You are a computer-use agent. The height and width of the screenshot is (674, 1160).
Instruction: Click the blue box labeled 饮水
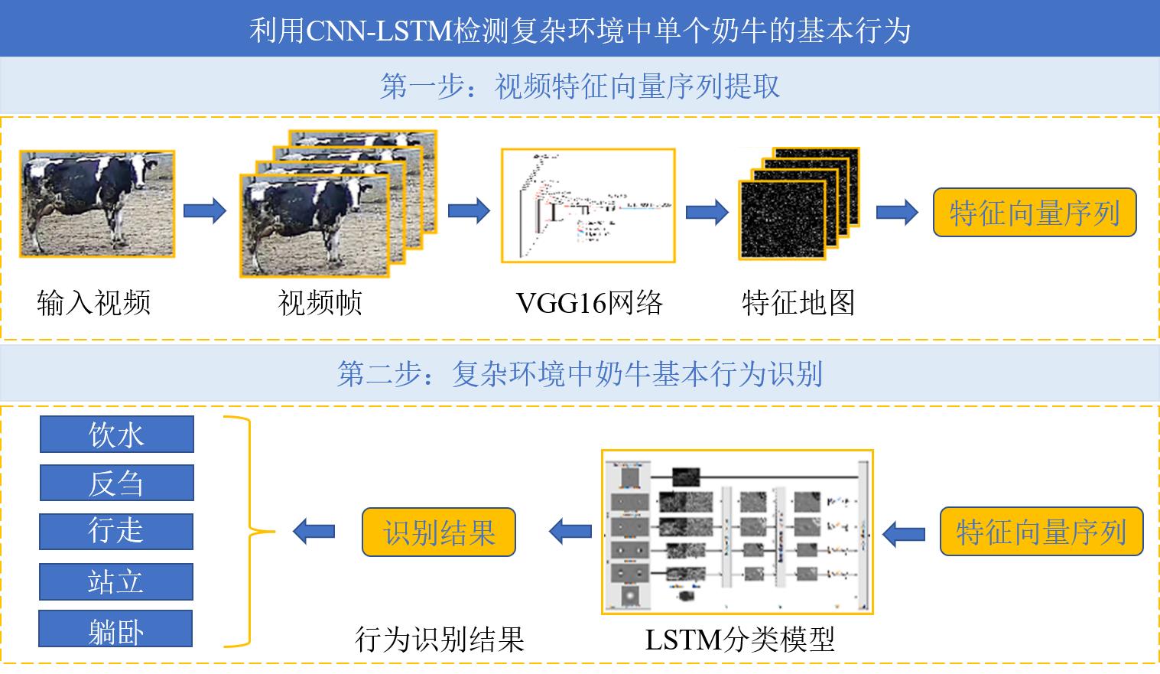click(x=116, y=435)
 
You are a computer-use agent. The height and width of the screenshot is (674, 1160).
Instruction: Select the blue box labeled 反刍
click(x=116, y=483)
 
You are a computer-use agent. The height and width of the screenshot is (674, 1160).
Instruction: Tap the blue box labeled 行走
click(x=116, y=531)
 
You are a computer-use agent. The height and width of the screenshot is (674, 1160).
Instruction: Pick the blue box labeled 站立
click(x=116, y=581)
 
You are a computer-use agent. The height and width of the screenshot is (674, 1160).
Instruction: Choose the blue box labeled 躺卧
click(x=116, y=630)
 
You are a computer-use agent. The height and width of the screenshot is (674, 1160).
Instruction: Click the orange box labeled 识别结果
click(x=439, y=532)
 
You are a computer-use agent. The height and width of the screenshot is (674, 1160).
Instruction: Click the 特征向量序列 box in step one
click(x=1034, y=212)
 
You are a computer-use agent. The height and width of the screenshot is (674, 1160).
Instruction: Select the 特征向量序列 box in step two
click(x=1041, y=532)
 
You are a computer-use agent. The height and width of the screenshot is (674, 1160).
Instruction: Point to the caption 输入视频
click(x=93, y=303)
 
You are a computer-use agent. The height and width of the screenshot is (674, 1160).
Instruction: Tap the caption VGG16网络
click(x=589, y=303)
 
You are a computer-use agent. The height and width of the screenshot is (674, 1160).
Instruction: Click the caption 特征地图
click(x=798, y=303)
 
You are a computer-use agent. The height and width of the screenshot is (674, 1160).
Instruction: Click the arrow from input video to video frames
click(x=205, y=210)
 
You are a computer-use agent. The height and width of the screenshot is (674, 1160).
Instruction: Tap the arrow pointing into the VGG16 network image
click(x=469, y=210)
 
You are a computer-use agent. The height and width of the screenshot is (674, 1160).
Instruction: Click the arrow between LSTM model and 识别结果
click(x=570, y=530)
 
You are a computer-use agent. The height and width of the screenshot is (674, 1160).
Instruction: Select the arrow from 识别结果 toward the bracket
click(x=314, y=530)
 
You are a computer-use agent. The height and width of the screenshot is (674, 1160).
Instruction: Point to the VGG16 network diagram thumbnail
click(x=588, y=206)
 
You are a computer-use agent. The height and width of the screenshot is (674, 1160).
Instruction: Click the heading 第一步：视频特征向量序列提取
click(x=580, y=86)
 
